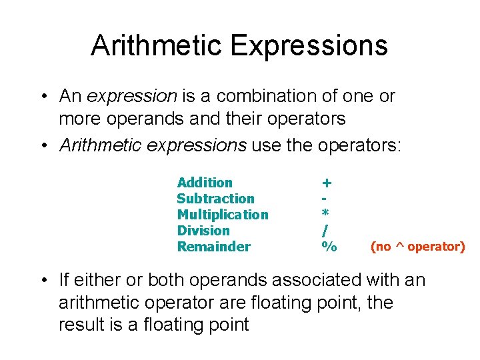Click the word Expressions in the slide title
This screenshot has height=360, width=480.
pyautogui.click(x=309, y=45)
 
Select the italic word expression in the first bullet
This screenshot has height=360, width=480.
pyautogui.click(x=131, y=96)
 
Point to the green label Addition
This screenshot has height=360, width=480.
pyautogui.click(x=205, y=183)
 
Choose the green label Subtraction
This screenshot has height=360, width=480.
pyautogui.click(x=215, y=199)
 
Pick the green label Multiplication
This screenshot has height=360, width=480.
pyautogui.click(x=223, y=215)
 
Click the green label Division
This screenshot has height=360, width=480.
pyautogui.click(x=203, y=231)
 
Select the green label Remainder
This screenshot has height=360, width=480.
pyautogui.click(x=213, y=247)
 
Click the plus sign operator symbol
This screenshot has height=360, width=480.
pyautogui.click(x=327, y=183)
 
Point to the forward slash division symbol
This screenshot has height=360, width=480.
pyautogui.click(x=325, y=231)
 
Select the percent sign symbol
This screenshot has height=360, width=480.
pyautogui.click(x=329, y=247)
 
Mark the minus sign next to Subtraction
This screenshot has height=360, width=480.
pyautogui.click(x=324, y=199)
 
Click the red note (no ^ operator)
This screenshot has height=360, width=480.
pyautogui.click(x=417, y=247)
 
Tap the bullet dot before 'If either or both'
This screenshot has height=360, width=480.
pyautogui.click(x=43, y=281)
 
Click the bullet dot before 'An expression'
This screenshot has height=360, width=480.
pyautogui.click(x=43, y=97)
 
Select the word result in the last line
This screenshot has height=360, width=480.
pyautogui.click(x=81, y=325)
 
